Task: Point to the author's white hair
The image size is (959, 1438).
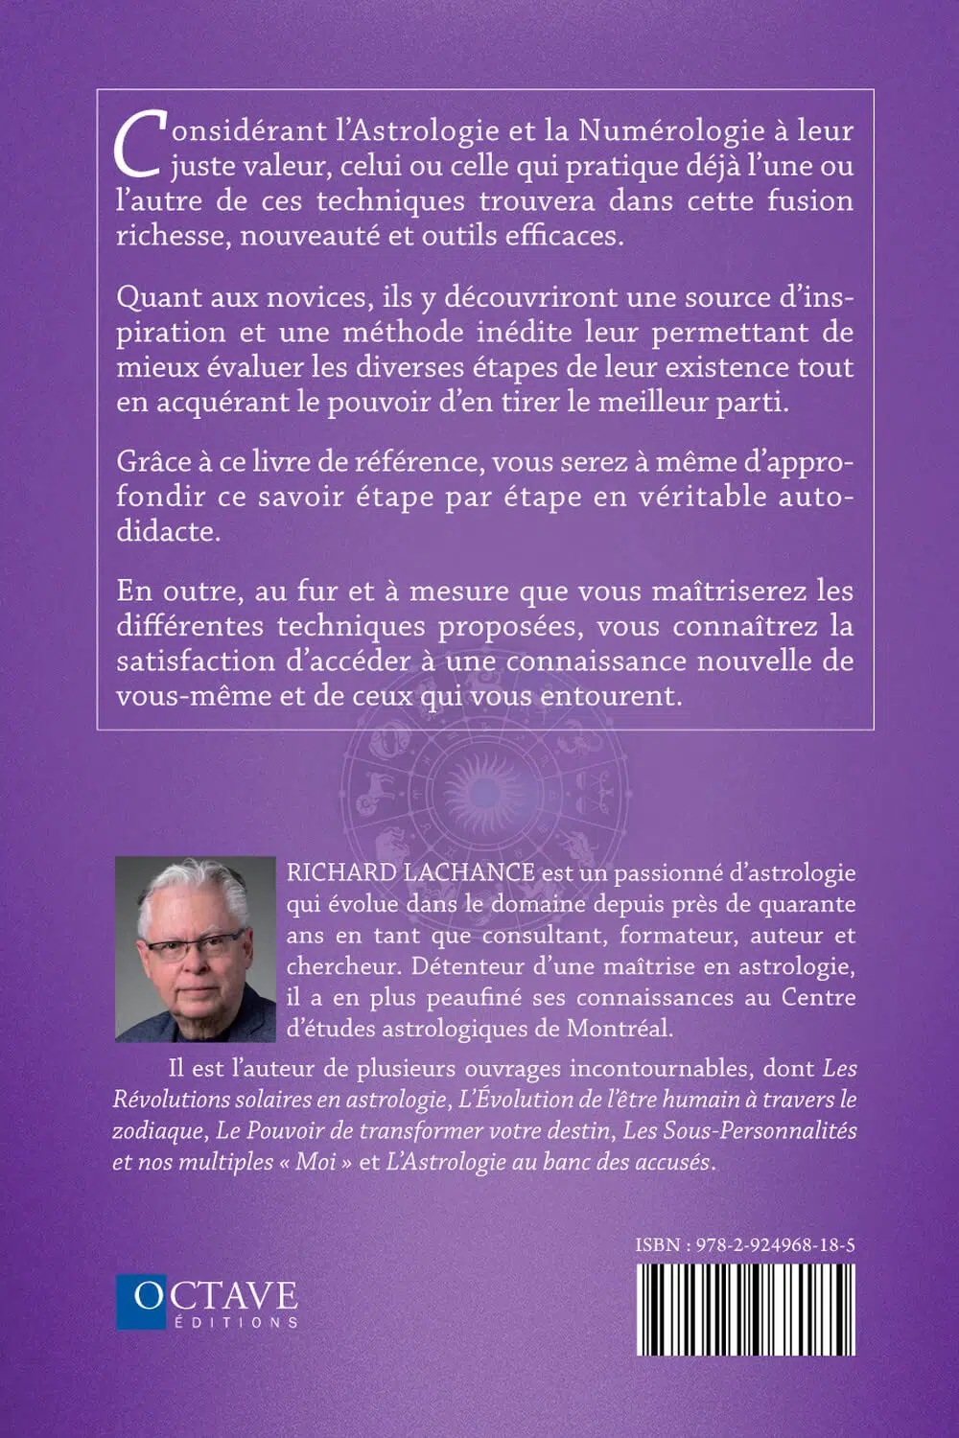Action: coord(192,887)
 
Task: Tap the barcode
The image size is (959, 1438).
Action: coord(745,1308)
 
